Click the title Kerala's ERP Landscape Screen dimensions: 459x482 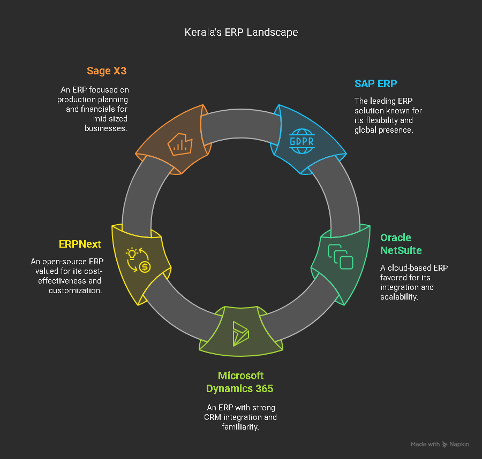click(x=241, y=32)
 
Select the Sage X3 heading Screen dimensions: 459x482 click(x=107, y=71)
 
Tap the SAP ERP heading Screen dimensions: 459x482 click(x=376, y=83)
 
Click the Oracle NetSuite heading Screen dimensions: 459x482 click(x=401, y=244)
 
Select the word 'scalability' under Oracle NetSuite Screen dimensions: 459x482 click(x=398, y=297)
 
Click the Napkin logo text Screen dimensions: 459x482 click(x=460, y=445)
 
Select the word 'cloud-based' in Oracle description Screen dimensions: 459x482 click(x=409, y=268)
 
